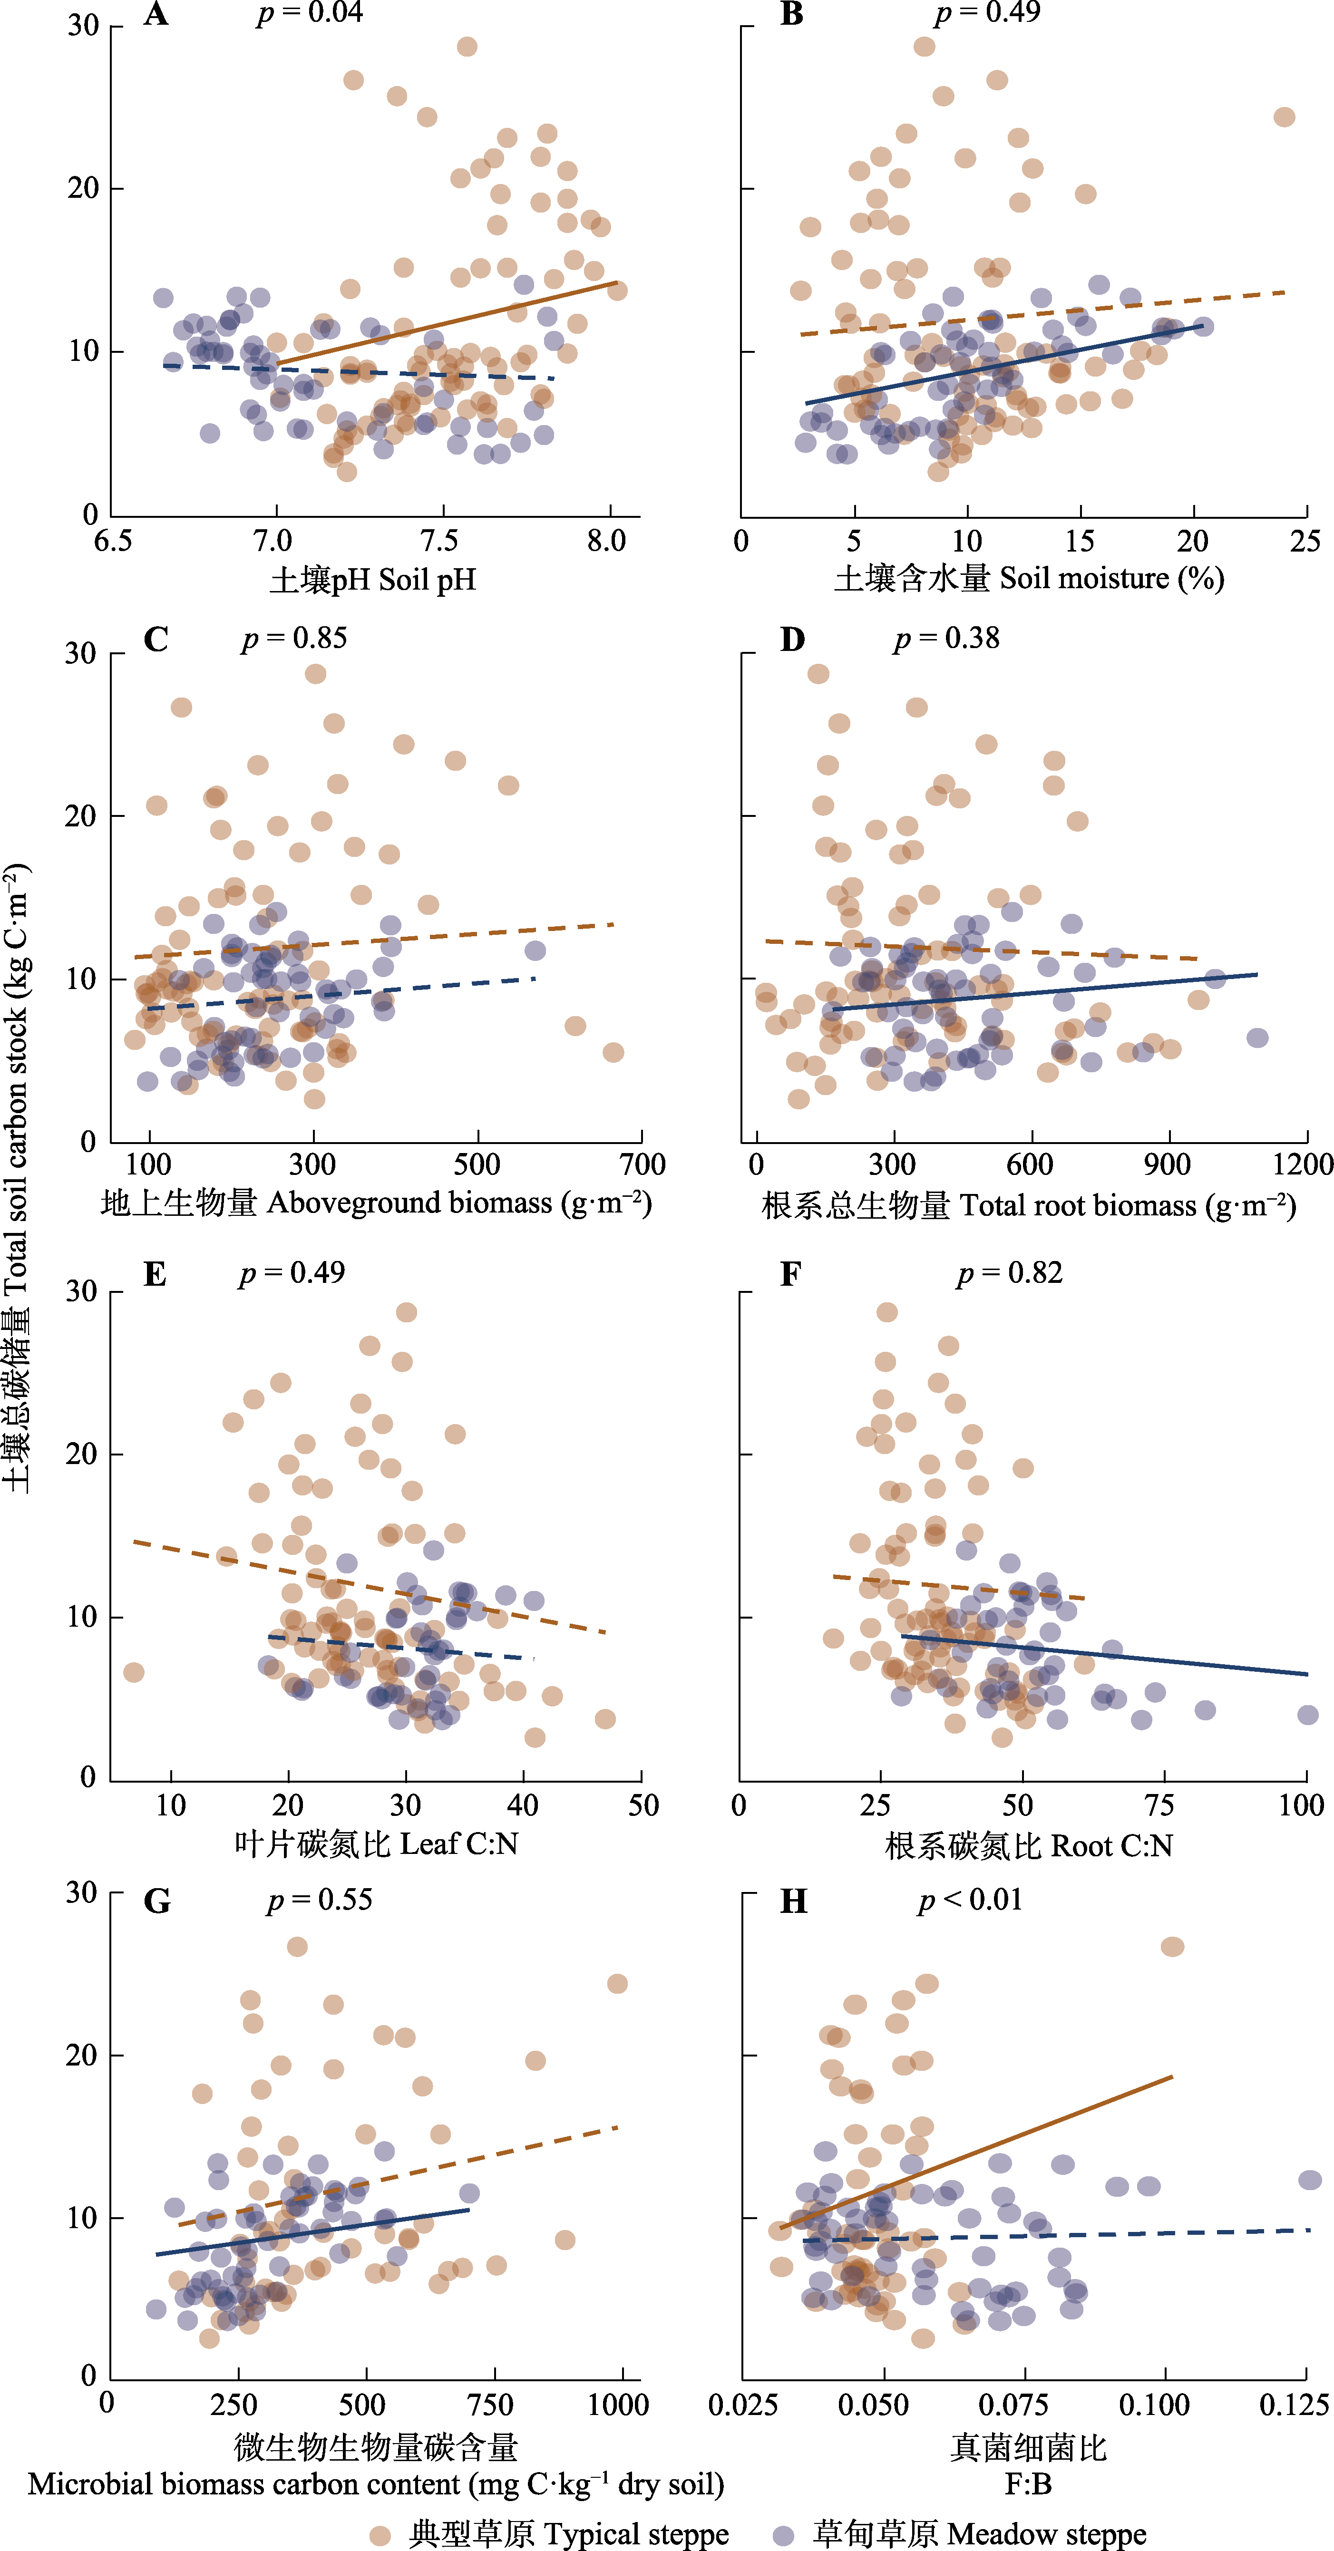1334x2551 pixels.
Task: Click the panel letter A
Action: (x=156, y=15)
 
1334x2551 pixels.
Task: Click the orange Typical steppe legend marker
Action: (x=380, y=2535)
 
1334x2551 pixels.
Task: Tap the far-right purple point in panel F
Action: (x=1307, y=1715)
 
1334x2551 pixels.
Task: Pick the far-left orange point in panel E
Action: (x=134, y=1673)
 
